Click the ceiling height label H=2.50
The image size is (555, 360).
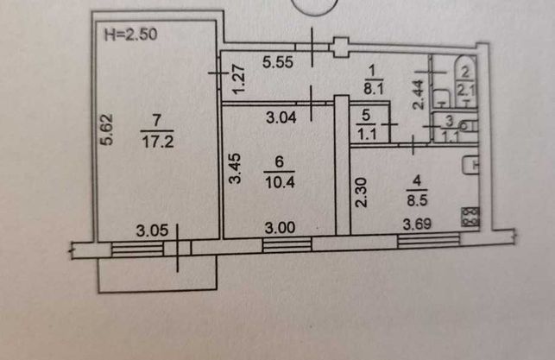(x=130, y=35)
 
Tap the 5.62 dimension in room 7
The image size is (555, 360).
(x=106, y=129)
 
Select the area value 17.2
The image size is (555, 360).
(x=158, y=142)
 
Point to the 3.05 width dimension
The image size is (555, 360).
(x=152, y=231)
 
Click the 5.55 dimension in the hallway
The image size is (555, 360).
(x=278, y=62)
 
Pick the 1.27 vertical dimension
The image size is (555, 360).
(x=238, y=79)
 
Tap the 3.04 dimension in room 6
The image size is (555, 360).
(x=281, y=117)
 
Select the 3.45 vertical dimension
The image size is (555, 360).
(x=235, y=168)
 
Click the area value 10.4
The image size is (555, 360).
(x=280, y=183)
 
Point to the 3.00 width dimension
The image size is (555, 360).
(x=280, y=228)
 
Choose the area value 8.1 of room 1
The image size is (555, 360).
(x=374, y=89)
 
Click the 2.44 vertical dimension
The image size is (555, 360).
(x=418, y=94)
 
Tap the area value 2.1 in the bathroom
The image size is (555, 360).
(x=465, y=91)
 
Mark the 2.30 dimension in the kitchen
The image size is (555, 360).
(x=362, y=193)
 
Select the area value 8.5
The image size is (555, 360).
(x=417, y=200)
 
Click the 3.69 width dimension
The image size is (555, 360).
(x=417, y=224)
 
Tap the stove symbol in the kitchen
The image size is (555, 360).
(x=470, y=217)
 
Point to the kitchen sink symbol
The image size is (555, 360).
(x=471, y=165)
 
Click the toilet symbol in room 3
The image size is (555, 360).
(x=467, y=126)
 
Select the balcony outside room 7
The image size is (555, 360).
(x=157, y=274)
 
